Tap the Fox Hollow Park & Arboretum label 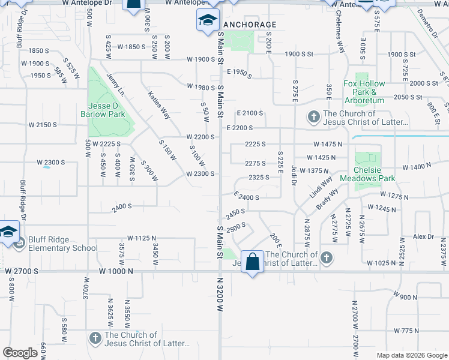click(364, 92)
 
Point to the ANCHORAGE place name click(250, 25)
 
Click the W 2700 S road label click(22, 271)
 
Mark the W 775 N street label click(406, 331)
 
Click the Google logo click(20, 353)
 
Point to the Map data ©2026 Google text click(411, 355)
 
